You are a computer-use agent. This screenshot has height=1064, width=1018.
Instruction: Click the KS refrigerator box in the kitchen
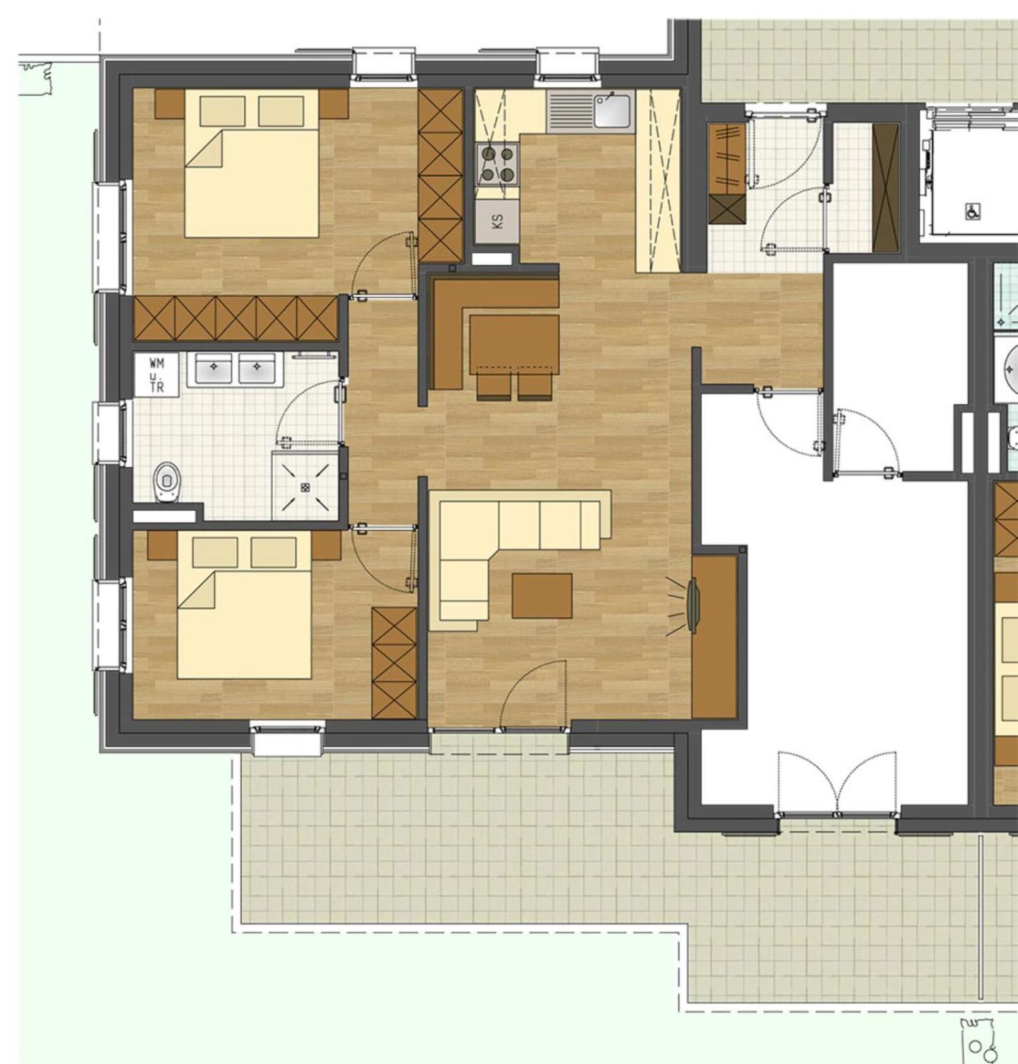pyautogui.click(x=497, y=221)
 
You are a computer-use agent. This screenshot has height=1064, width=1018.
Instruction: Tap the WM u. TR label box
pyautogui.click(x=156, y=375)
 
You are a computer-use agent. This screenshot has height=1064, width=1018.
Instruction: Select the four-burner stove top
pyautogui.click(x=498, y=164)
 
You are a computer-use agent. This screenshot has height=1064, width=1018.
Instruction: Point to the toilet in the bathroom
pyautogui.click(x=167, y=482)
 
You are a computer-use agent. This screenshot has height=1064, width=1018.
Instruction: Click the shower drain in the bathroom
pyautogui.click(x=305, y=487)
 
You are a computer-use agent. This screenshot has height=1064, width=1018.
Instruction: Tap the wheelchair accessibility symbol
pyautogui.click(x=973, y=211)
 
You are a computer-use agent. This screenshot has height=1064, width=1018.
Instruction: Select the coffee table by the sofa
pyautogui.click(x=542, y=596)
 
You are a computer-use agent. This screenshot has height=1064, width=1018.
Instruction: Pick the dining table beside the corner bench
pyautogui.click(x=514, y=343)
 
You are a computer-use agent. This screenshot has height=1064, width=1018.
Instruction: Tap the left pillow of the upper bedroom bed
pyautogui.click(x=222, y=111)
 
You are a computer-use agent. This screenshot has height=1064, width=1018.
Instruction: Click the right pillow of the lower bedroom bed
pyautogui.click(x=273, y=553)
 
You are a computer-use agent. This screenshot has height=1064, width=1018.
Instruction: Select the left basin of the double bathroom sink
pyautogui.click(x=214, y=368)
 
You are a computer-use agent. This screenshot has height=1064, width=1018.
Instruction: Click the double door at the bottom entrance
pyautogui.click(x=837, y=785)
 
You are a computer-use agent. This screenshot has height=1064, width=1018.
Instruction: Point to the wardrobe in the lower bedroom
pyautogui.click(x=395, y=662)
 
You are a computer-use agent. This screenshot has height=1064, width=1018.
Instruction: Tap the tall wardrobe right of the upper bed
pyautogui.click(x=440, y=176)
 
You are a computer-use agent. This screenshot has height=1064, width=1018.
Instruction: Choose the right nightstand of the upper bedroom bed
pyautogui.click(x=333, y=103)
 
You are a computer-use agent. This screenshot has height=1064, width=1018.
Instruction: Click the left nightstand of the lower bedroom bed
pyautogui.click(x=162, y=545)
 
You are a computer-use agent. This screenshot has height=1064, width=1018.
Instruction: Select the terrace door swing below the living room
pyautogui.click(x=532, y=695)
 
